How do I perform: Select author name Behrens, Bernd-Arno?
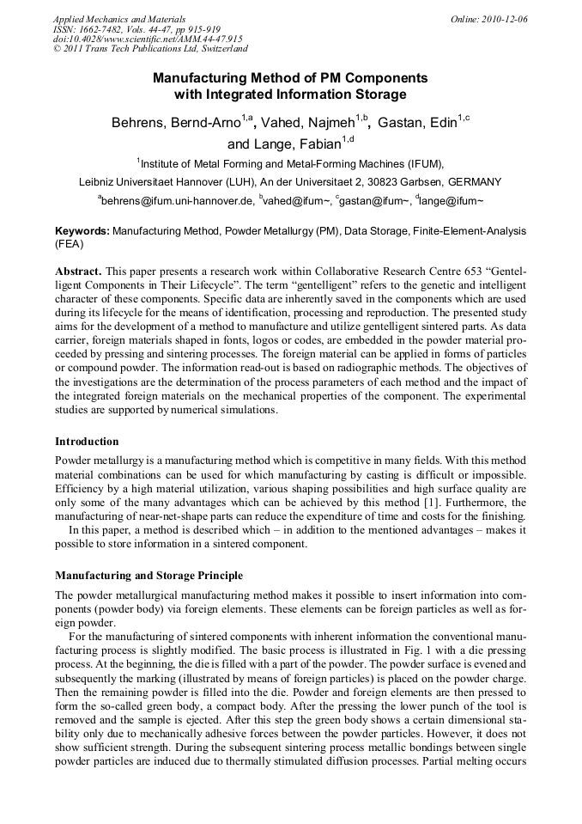pyautogui.click(x=176, y=123)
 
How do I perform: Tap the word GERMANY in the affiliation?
pyautogui.click(x=474, y=181)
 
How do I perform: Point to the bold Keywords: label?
pyautogui.click(x=82, y=231)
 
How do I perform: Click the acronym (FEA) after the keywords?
pyautogui.click(x=70, y=243)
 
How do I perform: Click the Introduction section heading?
pyautogui.click(x=87, y=442)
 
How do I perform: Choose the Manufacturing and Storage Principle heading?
pyautogui.click(x=149, y=575)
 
